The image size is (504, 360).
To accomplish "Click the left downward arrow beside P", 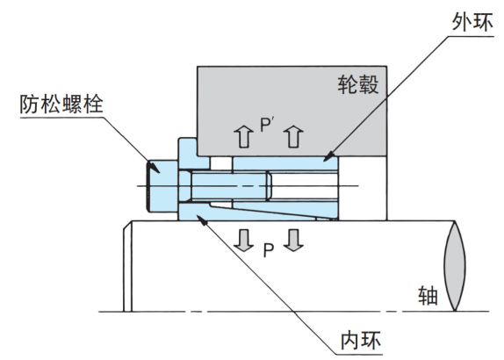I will (245, 239).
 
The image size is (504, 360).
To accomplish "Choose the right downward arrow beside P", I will (294, 239).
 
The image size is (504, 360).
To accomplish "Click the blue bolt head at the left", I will (162, 187).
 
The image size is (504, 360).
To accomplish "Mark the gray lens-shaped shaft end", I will (455, 263).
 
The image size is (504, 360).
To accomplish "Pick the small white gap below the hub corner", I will (219, 162).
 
